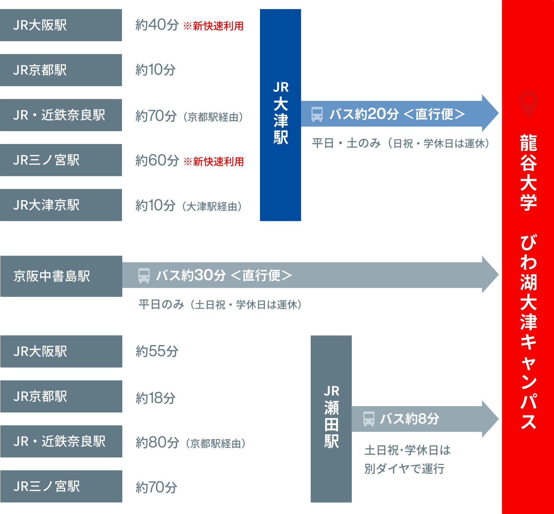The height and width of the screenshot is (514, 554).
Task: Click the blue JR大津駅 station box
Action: point(280,115)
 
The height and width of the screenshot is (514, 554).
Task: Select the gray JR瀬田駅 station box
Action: point(331,419)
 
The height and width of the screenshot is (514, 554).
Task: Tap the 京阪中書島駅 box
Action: point(61,276)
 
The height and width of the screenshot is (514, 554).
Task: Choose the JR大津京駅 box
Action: point(61,205)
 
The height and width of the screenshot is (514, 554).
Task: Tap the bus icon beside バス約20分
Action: point(317,114)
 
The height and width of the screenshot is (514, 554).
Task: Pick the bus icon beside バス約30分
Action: point(144,275)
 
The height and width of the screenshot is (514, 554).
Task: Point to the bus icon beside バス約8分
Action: point(368,419)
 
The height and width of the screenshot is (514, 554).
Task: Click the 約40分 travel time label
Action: point(157,25)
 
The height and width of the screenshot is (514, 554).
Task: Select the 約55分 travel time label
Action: point(157,351)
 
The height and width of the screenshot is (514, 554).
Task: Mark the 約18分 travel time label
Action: point(155,398)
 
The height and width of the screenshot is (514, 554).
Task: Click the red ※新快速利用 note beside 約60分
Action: point(213,161)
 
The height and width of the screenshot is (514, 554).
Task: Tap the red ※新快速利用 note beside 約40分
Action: point(213,26)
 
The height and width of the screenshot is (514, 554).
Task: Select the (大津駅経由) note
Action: point(212,206)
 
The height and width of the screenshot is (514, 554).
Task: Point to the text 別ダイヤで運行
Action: point(404,469)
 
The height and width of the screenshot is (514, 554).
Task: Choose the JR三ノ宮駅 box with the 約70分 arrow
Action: point(61,486)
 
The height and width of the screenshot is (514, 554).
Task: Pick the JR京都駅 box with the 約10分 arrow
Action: point(61,70)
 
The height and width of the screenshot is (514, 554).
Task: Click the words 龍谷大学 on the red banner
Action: point(528,173)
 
